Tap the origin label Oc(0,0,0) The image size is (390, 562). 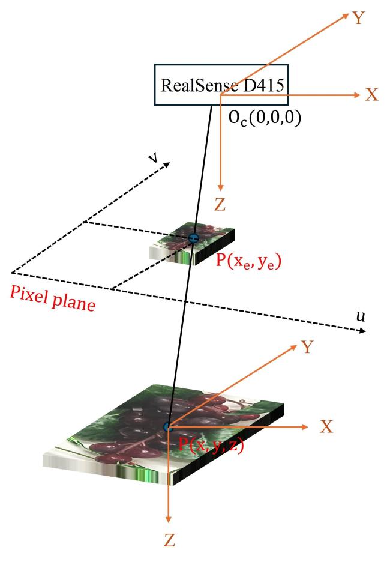coord(265,118)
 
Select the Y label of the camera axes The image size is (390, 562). coord(358,17)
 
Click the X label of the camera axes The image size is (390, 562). coord(372,95)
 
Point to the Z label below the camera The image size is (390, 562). coord(220,205)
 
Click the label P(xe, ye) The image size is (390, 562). coord(248,261)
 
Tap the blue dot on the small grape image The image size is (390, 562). coord(193,238)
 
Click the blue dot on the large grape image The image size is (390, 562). coord(168,427)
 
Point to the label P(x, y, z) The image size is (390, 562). coord(211,445)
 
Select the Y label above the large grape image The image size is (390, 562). coord(307,347)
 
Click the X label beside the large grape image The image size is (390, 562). coord(326,427)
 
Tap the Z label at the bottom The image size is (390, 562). coord(169,540)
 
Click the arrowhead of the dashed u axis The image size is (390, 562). coord(362,331)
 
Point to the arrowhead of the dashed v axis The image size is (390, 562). coord(166,165)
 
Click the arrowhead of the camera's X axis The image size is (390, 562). coord(356,95)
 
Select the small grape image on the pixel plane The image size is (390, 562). coord(192,244)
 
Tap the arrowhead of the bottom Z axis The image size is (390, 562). coord(168,519)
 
